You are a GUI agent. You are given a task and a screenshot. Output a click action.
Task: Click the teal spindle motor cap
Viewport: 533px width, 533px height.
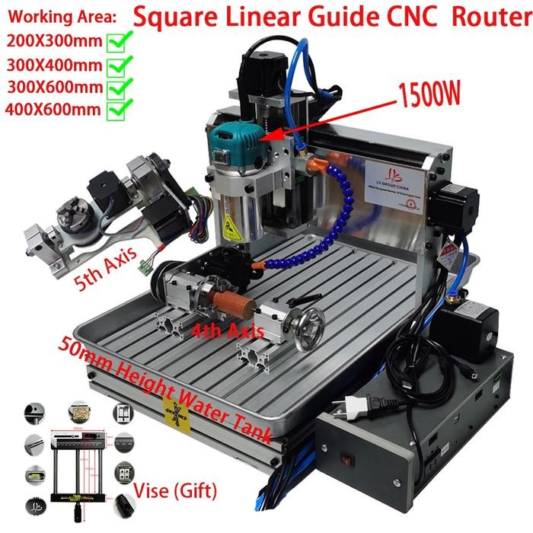click(x=238, y=140)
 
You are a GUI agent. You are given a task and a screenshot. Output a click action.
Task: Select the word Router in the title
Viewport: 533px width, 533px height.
click(x=491, y=17)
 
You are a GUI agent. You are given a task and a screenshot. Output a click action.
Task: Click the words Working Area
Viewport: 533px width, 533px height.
click(x=51, y=16)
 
